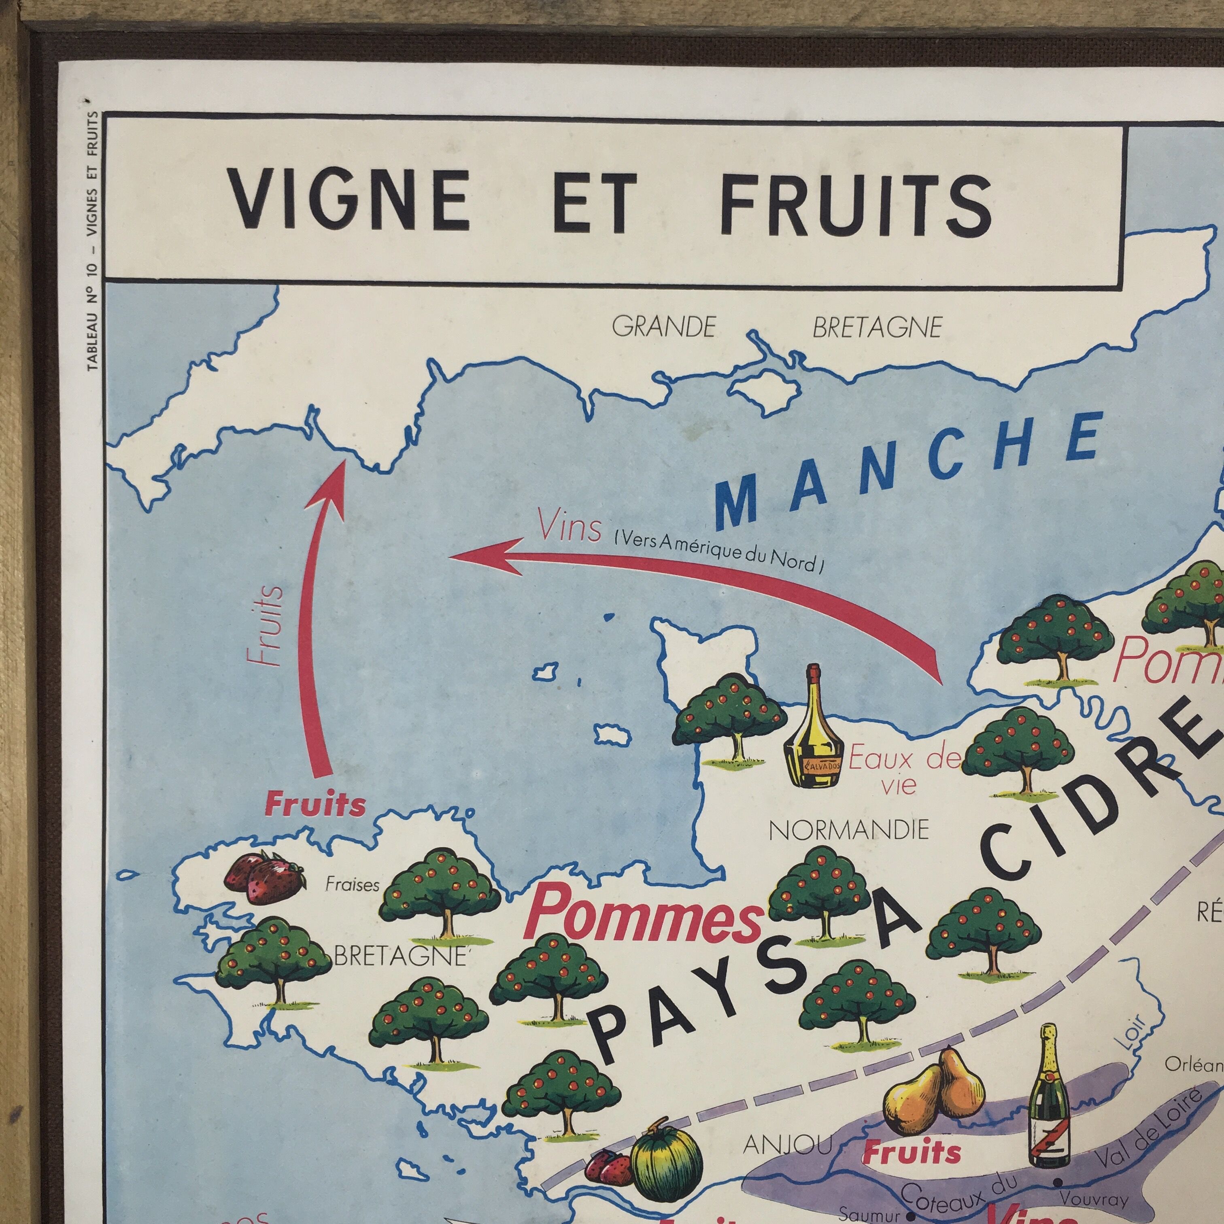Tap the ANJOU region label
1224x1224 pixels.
point(788,1126)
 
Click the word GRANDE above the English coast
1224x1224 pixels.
point(664,327)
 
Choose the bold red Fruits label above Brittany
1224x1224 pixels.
point(315,805)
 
